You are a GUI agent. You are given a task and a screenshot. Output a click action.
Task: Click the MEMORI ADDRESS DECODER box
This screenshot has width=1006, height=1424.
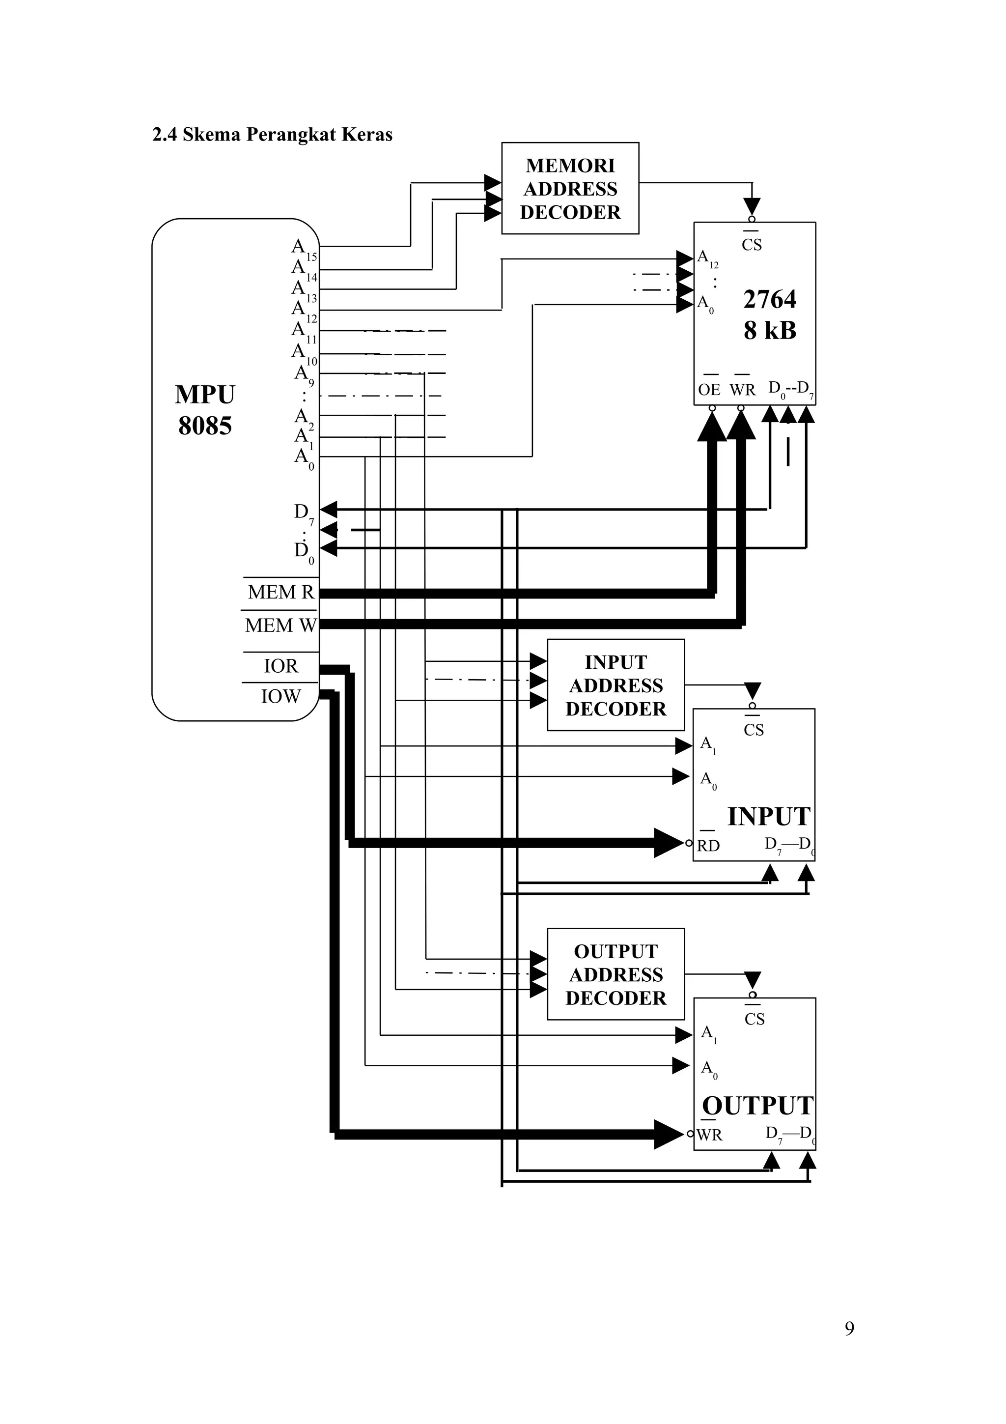[570, 189]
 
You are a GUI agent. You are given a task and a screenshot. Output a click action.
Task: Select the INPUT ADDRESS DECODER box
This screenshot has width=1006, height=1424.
[615, 685]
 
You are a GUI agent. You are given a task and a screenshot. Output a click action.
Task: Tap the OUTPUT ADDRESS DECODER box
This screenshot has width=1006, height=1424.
[615, 974]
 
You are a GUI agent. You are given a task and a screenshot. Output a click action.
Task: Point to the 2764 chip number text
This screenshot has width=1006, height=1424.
[769, 300]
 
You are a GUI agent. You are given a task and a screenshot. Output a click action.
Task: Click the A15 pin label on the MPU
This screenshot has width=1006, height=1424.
[303, 249]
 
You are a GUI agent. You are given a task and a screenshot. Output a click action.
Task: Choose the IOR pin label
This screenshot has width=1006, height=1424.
[281, 666]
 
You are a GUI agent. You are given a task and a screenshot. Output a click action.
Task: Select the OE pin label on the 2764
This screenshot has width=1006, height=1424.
[709, 390]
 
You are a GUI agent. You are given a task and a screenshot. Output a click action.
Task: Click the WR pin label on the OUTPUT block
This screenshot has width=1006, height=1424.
[709, 1135]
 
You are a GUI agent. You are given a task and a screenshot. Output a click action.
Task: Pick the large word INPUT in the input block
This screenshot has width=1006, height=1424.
[769, 817]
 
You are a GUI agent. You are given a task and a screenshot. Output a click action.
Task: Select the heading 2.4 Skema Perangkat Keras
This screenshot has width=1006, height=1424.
[272, 135]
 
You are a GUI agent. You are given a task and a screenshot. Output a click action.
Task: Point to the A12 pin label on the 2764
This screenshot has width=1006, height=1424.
[707, 258]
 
